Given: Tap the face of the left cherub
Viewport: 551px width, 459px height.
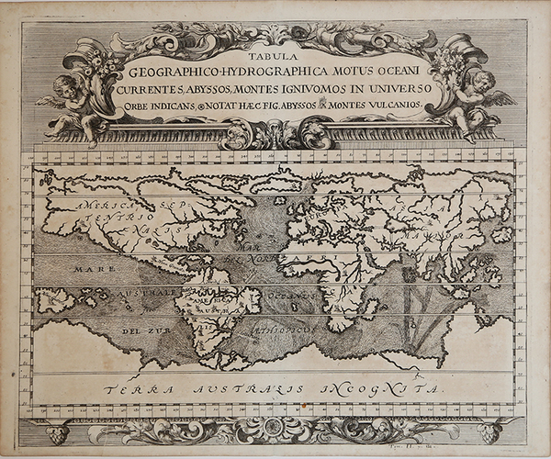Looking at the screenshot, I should click(66, 85).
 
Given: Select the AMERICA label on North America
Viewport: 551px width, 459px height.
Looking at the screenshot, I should click(104, 205).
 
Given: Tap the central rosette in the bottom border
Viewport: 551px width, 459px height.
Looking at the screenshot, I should click(275, 430).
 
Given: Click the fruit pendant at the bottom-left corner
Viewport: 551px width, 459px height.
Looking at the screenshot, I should click(58, 433).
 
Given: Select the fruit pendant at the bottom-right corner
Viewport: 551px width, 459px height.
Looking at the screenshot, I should click(489, 432).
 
